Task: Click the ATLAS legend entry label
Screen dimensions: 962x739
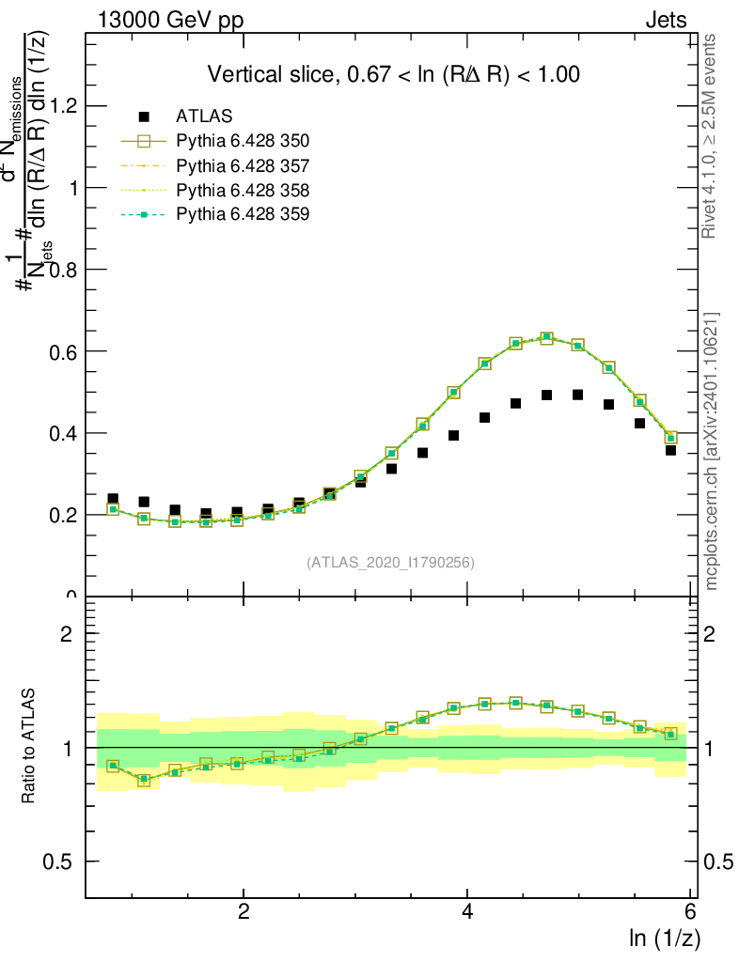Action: click(204, 116)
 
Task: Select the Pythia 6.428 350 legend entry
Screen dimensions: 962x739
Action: click(243, 141)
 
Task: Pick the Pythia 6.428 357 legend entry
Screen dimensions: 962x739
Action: click(243, 166)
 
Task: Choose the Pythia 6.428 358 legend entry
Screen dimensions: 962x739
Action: click(243, 191)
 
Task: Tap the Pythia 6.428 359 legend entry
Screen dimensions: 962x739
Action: click(243, 215)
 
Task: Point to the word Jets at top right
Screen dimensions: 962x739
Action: click(666, 21)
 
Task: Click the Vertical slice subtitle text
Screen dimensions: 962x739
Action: click(393, 74)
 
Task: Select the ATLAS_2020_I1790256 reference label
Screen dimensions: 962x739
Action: click(390, 563)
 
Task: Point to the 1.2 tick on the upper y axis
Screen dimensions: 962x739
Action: click(64, 106)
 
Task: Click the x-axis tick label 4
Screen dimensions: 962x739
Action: click(467, 911)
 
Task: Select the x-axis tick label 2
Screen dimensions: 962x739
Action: click(244, 911)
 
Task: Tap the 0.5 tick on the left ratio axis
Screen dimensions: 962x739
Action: click(61, 861)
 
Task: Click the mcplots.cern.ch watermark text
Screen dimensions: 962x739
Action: click(713, 451)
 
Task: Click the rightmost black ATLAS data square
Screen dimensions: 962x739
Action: click(670, 450)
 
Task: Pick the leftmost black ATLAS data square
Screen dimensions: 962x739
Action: click(113, 498)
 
